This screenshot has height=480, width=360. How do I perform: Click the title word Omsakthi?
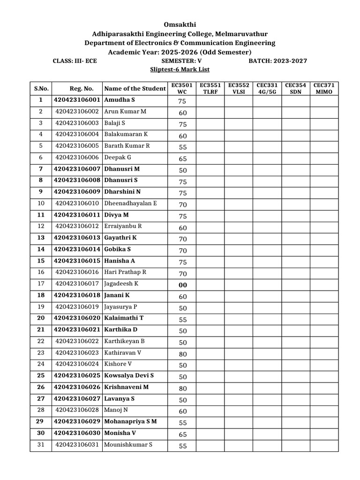(x=180, y=24)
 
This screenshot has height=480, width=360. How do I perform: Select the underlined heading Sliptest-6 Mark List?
(x=180, y=69)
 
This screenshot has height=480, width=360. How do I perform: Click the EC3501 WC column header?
(x=182, y=89)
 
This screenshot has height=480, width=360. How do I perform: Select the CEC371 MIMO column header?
(x=324, y=89)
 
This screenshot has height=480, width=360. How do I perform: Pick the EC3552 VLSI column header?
(x=239, y=89)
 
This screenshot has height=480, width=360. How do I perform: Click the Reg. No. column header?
(x=77, y=89)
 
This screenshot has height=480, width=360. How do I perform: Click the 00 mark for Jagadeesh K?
(x=182, y=284)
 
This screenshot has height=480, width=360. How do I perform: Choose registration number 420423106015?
(x=77, y=261)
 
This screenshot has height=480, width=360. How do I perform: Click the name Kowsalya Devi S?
(x=129, y=375)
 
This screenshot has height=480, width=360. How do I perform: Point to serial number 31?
(x=41, y=444)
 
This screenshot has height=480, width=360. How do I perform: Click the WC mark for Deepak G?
(x=182, y=158)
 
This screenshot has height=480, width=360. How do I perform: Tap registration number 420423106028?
(x=77, y=410)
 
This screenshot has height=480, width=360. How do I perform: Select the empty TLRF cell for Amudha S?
(x=210, y=100)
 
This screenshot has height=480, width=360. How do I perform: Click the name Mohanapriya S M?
(x=130, y=421)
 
